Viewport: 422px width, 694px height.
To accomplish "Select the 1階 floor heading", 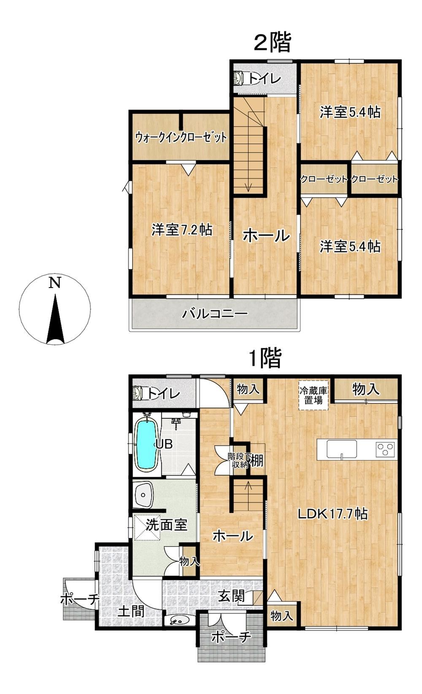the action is [266, 358].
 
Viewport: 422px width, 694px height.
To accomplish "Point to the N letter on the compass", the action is [55, 282].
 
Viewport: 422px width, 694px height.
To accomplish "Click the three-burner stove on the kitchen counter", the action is [385, 449].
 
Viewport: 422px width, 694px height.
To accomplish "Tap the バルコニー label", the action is [215, 314].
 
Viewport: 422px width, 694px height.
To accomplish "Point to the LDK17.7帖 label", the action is [333, 514].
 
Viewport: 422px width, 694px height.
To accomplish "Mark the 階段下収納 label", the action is [240, 460].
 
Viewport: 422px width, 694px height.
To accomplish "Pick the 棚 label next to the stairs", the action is [257, 460].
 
